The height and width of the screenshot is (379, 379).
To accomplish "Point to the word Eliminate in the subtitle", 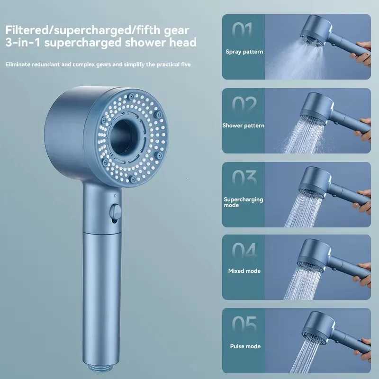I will tap(20, 64).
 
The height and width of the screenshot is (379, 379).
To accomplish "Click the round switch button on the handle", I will tap(115, 211).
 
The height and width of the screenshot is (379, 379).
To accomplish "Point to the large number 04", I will tap(244, 251).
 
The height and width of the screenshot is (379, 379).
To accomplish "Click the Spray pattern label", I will tap(244, 51).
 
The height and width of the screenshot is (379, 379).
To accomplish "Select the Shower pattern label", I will tap(244, 126).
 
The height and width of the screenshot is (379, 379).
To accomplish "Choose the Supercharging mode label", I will tap(244, 202).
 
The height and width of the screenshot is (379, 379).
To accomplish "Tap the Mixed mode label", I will tap(244, 271).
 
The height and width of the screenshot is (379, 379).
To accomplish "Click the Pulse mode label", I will tap(245, 346).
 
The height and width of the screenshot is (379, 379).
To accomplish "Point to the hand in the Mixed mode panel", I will tap(364, 272).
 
